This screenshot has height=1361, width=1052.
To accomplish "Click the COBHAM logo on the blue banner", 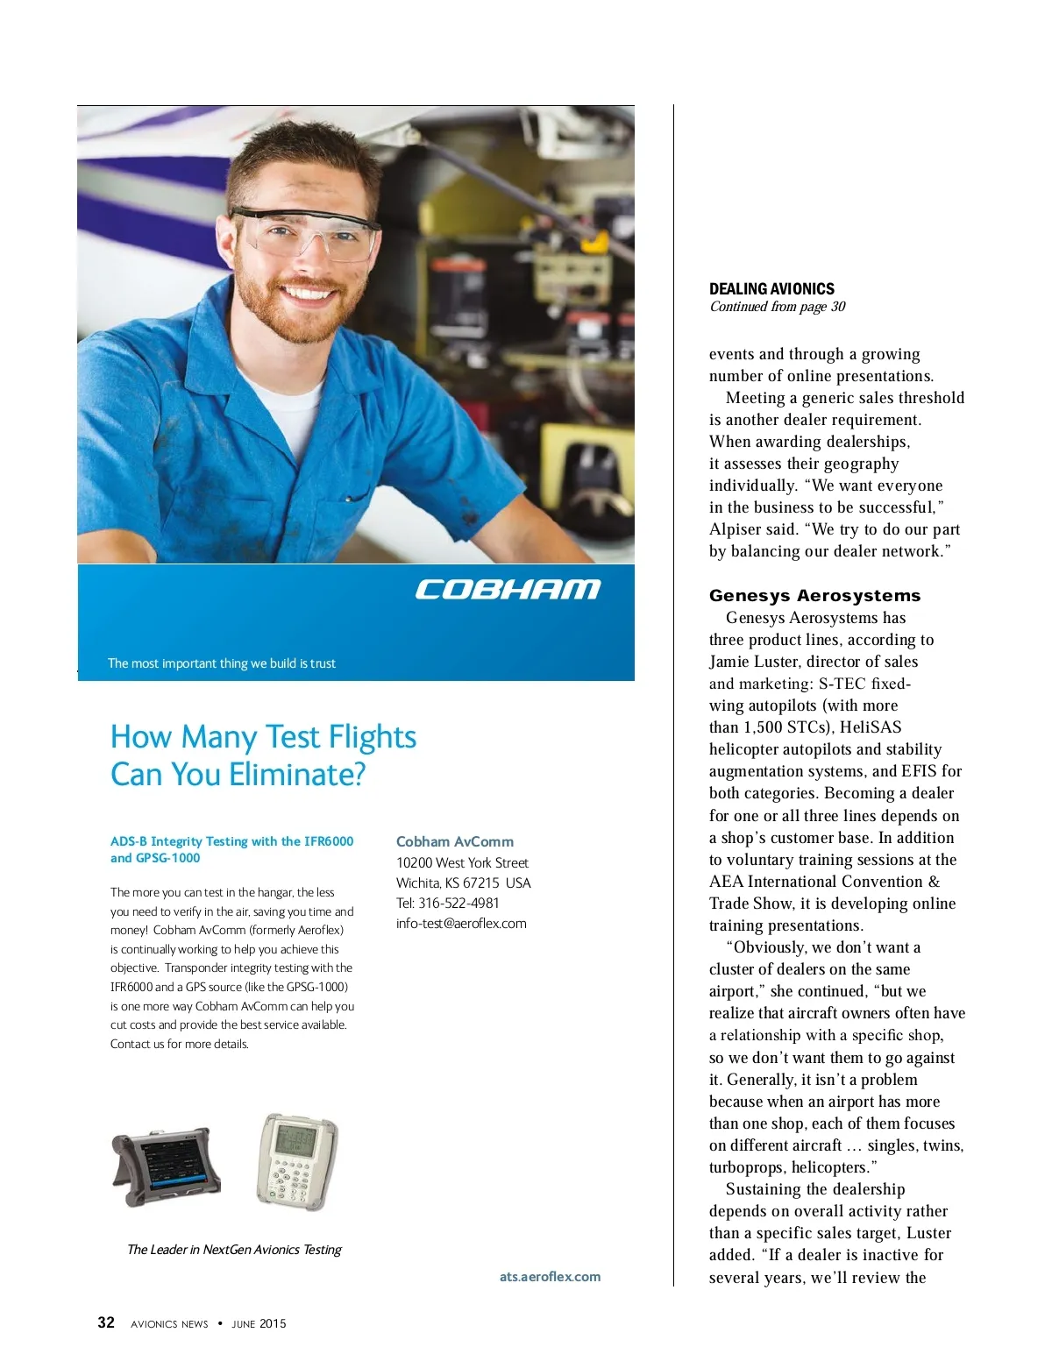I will (x=508, y=589).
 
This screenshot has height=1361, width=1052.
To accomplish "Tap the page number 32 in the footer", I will (x=106, y=1322).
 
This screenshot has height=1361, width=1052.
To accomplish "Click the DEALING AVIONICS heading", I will (x=771, y=288).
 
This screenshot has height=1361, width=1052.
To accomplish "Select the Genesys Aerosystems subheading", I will (x=814, y=595).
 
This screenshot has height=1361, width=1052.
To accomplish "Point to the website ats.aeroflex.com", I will (x=550, y=1276).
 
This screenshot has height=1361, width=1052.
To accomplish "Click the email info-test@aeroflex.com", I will (x=461, y=923).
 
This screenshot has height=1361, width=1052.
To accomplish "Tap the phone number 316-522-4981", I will (x=458, y=903).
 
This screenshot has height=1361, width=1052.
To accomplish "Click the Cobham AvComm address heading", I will (x=455, y=841).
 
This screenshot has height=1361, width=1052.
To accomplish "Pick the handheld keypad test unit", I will (x=297, y=1160).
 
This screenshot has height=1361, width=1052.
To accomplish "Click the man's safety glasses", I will (x=306, y=231).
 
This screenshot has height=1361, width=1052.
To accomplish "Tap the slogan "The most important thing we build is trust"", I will (x=222, y=663).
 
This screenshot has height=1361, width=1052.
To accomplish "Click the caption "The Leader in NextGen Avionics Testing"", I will (x=234, y=1249).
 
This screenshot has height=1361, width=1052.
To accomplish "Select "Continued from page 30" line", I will (x=778, y=307).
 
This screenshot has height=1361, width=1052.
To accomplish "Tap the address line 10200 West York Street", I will (x=462, y=862).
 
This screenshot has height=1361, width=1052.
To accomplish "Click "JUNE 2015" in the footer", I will (x=259, y=1323).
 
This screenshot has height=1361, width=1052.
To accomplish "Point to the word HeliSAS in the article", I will (x=870, y=727).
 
